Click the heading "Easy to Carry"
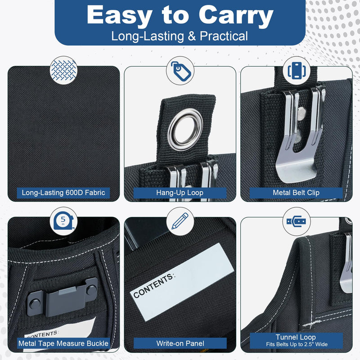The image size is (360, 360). [x=180, y=14]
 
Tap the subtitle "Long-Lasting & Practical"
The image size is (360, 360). [x=180, y=36]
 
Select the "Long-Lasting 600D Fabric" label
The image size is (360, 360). [x=63, y=193]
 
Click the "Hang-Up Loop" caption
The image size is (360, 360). [x=180, y=193]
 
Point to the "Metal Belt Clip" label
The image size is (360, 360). [x=296, y=193]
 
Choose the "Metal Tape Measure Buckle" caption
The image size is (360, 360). [x=63, y=343]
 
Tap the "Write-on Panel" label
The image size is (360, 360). [x=180, y=343]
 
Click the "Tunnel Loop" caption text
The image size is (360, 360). [x=296, y=337]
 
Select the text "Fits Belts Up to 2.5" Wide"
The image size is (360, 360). [x=297, y=344]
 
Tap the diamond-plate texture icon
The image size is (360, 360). [x=63, y=70]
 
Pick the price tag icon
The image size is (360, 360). [x=181, y=71]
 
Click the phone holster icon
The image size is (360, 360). [x=297, y=71]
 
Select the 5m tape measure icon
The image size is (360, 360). [x=63, y=221]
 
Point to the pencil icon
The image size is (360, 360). [x=180, y=221]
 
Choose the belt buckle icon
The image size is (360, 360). [x=297, y=221]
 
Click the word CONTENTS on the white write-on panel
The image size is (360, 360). [x=153, y=285]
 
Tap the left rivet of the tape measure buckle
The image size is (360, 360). [x=35, y=304]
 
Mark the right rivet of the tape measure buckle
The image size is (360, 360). [x=91, y=290]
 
